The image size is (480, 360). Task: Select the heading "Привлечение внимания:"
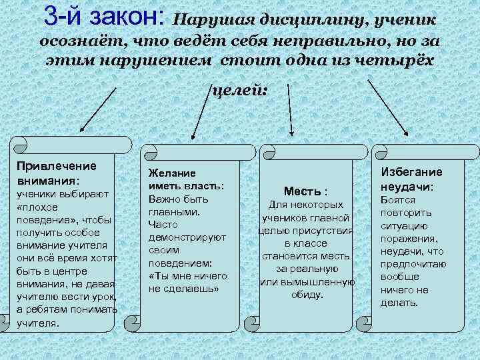tap(57, 173)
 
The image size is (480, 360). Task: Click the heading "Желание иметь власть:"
tap(185, 179)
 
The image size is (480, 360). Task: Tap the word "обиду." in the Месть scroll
tap(307, 294)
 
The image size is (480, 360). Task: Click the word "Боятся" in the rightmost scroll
tap(397, 200)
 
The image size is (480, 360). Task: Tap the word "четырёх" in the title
tap(393, 61)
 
